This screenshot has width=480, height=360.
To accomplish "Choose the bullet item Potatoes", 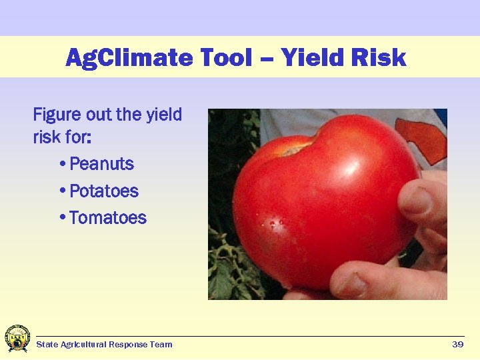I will point(104,191).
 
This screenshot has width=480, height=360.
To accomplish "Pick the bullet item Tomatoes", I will point(107,218).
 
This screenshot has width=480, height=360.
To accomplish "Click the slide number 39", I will point(457,345).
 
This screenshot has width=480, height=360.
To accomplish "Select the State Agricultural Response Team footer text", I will point(104,345).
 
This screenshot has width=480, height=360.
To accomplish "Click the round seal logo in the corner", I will point(17,339).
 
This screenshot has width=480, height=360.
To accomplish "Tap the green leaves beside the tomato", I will point(223,267).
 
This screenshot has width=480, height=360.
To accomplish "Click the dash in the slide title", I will point(267,59).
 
